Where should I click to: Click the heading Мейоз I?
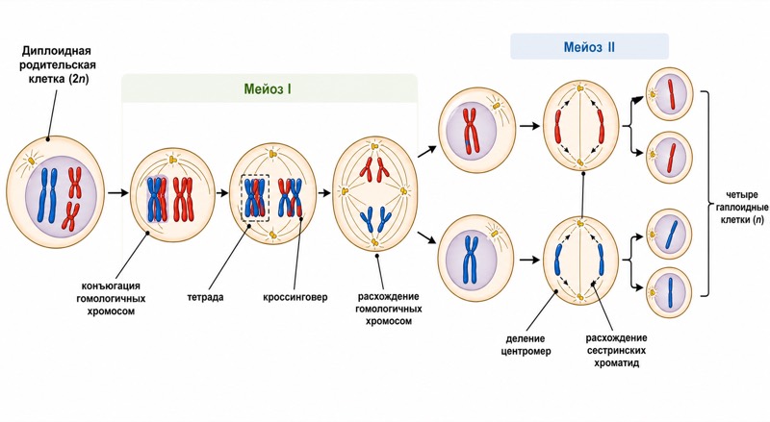coord(268,89)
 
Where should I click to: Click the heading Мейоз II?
coord(589,48)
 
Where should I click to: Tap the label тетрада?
coord(205,297)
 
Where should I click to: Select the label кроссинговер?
coord(295,297)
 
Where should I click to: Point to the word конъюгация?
coord(111,286)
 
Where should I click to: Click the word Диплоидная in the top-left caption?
coord(57,52)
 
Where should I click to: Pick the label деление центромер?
coord(526,345)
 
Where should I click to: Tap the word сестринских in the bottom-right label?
coord(616,350)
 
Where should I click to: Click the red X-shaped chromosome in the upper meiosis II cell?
coord(472,129)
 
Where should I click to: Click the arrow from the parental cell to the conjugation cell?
coord(117,193)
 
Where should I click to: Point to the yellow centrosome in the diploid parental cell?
coord(32,161)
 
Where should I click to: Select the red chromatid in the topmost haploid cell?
coord(671,93)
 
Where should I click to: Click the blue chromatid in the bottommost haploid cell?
coord(670,292)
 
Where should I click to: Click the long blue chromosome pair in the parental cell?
coord(48,195)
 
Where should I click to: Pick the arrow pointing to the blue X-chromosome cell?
coord(426,237)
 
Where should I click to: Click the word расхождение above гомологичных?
coord(389,296)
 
